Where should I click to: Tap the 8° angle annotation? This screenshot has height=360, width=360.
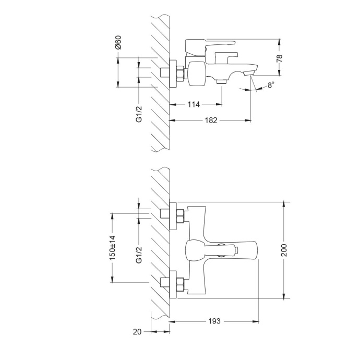tap(270, 86)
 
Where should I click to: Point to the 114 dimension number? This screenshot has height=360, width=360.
tap(194, 104)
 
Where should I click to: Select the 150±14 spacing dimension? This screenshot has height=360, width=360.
tap(112, 247)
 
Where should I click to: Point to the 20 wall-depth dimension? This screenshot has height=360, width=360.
tap(137, 331)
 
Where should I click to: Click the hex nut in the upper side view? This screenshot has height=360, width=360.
tap(179, 73)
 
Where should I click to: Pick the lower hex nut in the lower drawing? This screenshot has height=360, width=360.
tap(179, 284)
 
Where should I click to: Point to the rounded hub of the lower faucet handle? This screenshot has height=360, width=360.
tap(194, 249)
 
